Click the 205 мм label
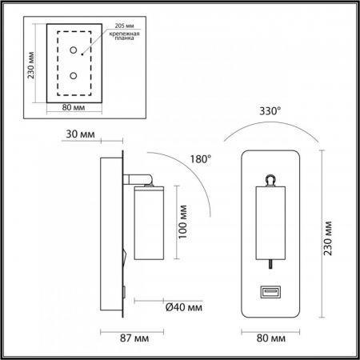(124, 26)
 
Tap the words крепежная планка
(124, 36)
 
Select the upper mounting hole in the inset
(74, 50)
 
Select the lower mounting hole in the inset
(74, 76)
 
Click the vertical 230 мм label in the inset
(31, 65)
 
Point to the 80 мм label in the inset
(74, 107)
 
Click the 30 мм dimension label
(80, 134)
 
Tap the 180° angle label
(201, 159)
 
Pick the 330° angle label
(270, 111)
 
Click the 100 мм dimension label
(182, 222)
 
